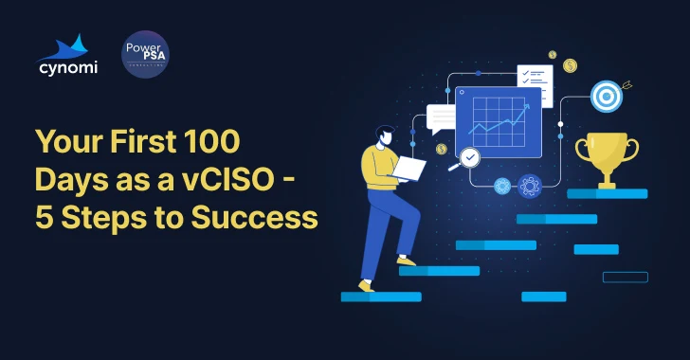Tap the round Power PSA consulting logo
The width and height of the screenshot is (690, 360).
click(x=145, y=54)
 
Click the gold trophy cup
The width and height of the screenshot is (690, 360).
click(x=607, y=157)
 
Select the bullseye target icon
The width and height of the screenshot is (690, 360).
click(x=606, y=95)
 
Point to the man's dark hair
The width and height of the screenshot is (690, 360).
click(x=384, y=133)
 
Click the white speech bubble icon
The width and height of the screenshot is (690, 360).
click(x=442, y=118)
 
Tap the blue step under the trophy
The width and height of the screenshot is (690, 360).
click(x=607, y=193)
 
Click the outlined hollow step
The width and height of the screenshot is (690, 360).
click(x=626, y=277)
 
